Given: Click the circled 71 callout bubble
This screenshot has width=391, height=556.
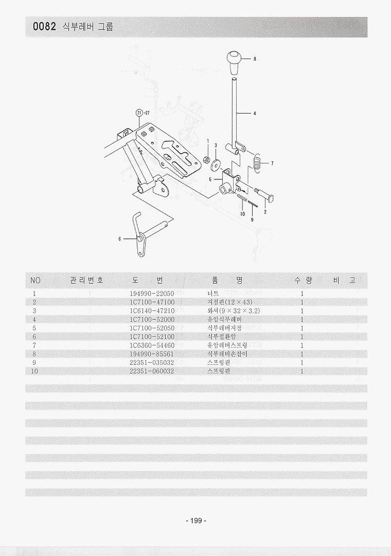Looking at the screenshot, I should coord(138,113).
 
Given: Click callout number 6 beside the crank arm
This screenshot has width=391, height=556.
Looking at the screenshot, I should coord(119,239).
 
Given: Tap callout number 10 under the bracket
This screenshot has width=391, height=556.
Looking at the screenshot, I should coord(242,214).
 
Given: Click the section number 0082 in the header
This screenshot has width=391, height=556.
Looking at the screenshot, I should coord(44,27).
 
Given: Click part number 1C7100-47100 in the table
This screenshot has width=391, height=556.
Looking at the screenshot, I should coord(152,302).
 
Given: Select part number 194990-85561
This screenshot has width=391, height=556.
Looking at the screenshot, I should coord(152,354).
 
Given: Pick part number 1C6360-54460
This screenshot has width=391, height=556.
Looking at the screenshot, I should coord(152,345).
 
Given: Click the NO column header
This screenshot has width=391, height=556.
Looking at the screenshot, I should coord(35,281).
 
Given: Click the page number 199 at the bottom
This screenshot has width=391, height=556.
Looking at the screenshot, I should coord(195,521).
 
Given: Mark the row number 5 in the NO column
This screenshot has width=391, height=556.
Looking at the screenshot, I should coord(34,328).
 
